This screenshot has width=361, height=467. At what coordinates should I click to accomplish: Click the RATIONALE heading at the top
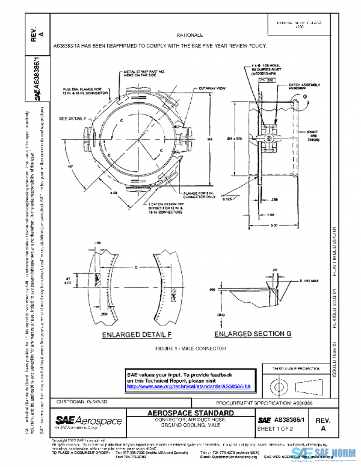[190, 36]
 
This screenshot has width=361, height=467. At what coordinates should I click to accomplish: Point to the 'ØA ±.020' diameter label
[238, 138]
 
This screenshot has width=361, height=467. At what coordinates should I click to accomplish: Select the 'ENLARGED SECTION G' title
[252, 333]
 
